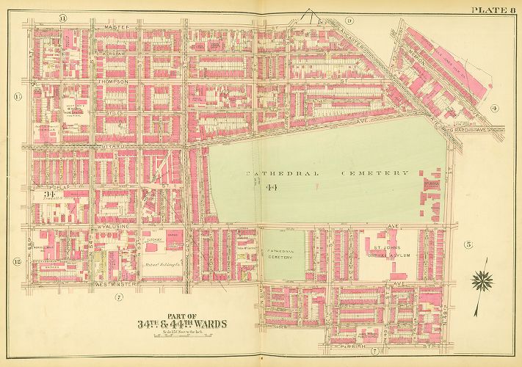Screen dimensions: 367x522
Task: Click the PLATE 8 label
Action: [493, 8]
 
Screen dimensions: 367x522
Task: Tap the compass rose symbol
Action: [482, 279]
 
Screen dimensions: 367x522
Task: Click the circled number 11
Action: [64, 17]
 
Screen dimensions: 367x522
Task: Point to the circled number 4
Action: [494, 109]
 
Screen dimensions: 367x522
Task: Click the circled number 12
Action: [16, 261]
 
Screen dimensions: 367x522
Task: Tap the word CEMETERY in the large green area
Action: [374, 173]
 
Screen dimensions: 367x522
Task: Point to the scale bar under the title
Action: [181, 335]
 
